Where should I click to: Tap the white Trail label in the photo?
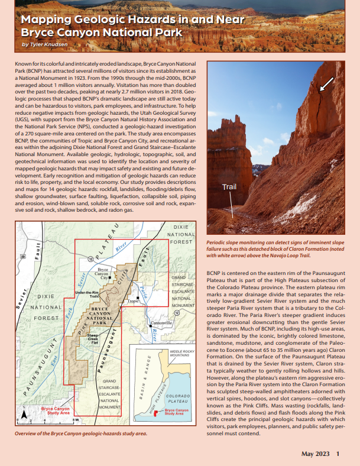tap(229, 187)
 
